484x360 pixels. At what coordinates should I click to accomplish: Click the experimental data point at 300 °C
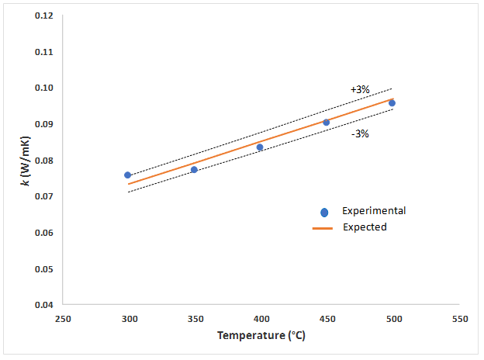click(128, 175)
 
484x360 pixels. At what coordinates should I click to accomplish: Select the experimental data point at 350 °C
click(194, 170)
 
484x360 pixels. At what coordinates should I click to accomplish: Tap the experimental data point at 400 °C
click(260, 147)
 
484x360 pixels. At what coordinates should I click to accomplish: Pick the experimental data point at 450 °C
click(326, 123)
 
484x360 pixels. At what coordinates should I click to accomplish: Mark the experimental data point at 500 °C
click(392, 103)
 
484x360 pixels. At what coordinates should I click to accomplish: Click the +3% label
click(359, 89)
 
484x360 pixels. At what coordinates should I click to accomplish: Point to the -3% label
click(359, 133)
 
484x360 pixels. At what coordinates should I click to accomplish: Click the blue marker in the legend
click(324, 212)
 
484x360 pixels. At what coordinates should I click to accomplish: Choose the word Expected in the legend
click(368, 227)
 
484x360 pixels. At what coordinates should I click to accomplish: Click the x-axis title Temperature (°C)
click(261, 337)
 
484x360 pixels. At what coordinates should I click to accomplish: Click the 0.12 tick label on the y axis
click(43, 16)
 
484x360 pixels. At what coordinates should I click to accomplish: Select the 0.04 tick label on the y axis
click(43, 305)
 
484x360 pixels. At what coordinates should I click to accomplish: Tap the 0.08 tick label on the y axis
click(43, 161)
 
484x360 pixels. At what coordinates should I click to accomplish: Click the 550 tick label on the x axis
click(459, 319)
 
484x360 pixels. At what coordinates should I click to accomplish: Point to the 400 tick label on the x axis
click(261, 319)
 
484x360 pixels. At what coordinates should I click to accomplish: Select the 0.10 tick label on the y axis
click(43, 88)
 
